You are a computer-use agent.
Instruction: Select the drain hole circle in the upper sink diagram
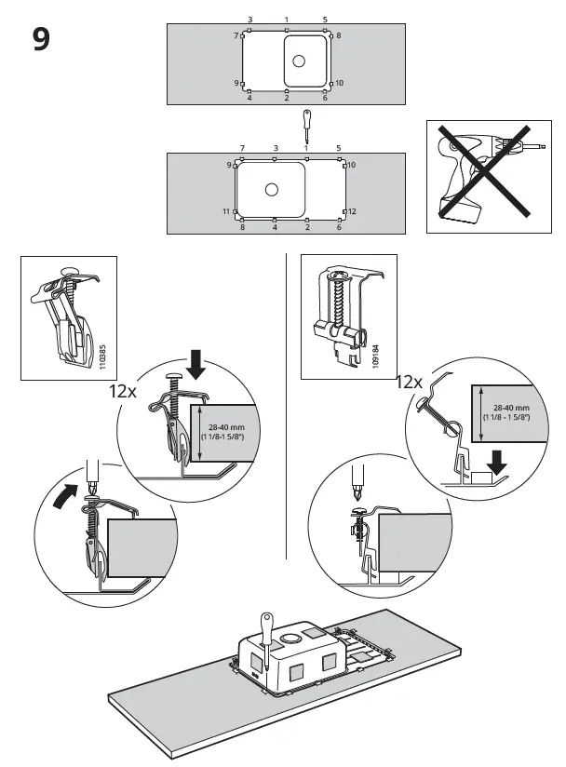[298, 61]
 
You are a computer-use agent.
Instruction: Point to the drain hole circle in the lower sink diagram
[271, 190]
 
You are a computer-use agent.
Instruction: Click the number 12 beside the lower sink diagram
[353, 212]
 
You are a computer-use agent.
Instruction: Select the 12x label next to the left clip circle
[122, 393]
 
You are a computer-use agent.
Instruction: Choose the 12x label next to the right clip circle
[409, 382]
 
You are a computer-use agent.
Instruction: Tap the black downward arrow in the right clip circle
[497, 460]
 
